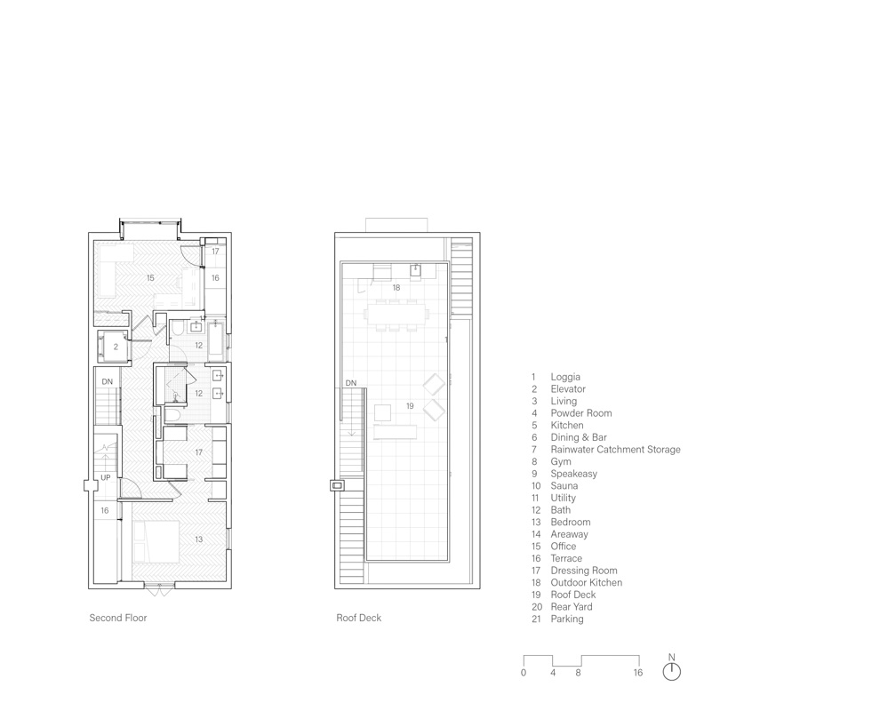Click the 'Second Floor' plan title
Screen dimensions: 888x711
pos(118,618)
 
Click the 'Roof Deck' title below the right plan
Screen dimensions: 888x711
pos(358,618)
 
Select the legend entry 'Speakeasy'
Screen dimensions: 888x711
pos(573,473)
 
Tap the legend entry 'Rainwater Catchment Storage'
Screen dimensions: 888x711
pos(616,450)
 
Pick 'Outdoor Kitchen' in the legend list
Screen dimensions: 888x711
pos(586,582)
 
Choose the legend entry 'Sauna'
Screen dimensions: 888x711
pos(564,485)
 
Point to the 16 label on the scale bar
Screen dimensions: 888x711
pos(637,673)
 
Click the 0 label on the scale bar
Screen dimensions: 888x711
pos(524,673)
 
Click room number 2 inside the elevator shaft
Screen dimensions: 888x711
pos(116,347)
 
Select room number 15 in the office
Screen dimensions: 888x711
pos(150,278)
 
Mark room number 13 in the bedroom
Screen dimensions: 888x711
pos(199,539)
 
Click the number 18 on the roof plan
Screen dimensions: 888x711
pos(396,288)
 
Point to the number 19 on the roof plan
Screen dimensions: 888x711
pos(410,406)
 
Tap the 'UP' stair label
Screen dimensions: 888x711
pos(106,478)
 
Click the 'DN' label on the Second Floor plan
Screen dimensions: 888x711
pos(107,381)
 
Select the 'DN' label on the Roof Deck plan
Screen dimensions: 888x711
pos(351,383)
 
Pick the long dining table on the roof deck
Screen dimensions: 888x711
pos(396,315)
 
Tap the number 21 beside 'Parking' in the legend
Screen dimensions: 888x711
pos(536,619)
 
